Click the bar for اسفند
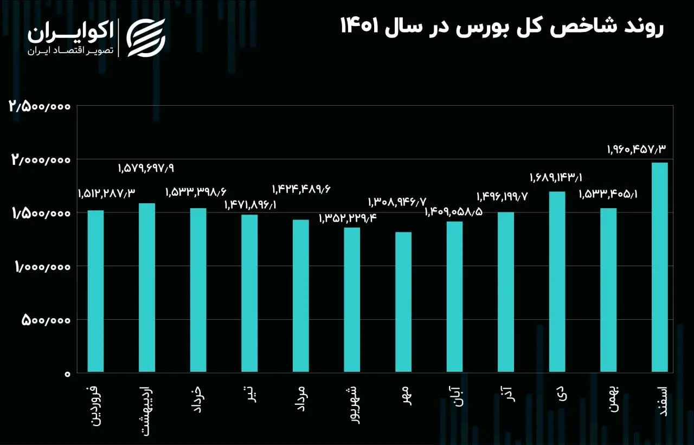pos(660,267)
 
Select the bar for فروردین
pos(96,291)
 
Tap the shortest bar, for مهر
pos(403,302)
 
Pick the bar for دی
pos(557,281)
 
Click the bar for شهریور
pos(352,299)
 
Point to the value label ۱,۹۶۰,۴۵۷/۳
pos(637,150)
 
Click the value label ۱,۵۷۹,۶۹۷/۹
pos(146,169)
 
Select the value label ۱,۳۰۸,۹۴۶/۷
pos(397,203)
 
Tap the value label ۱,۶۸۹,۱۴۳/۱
pos(556,178)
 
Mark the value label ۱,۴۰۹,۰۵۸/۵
pos(454,212)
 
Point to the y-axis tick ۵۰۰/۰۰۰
pos(46,320)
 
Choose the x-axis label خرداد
pos(197,400)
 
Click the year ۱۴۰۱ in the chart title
pos(359,25)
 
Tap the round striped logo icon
pos(146,38)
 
